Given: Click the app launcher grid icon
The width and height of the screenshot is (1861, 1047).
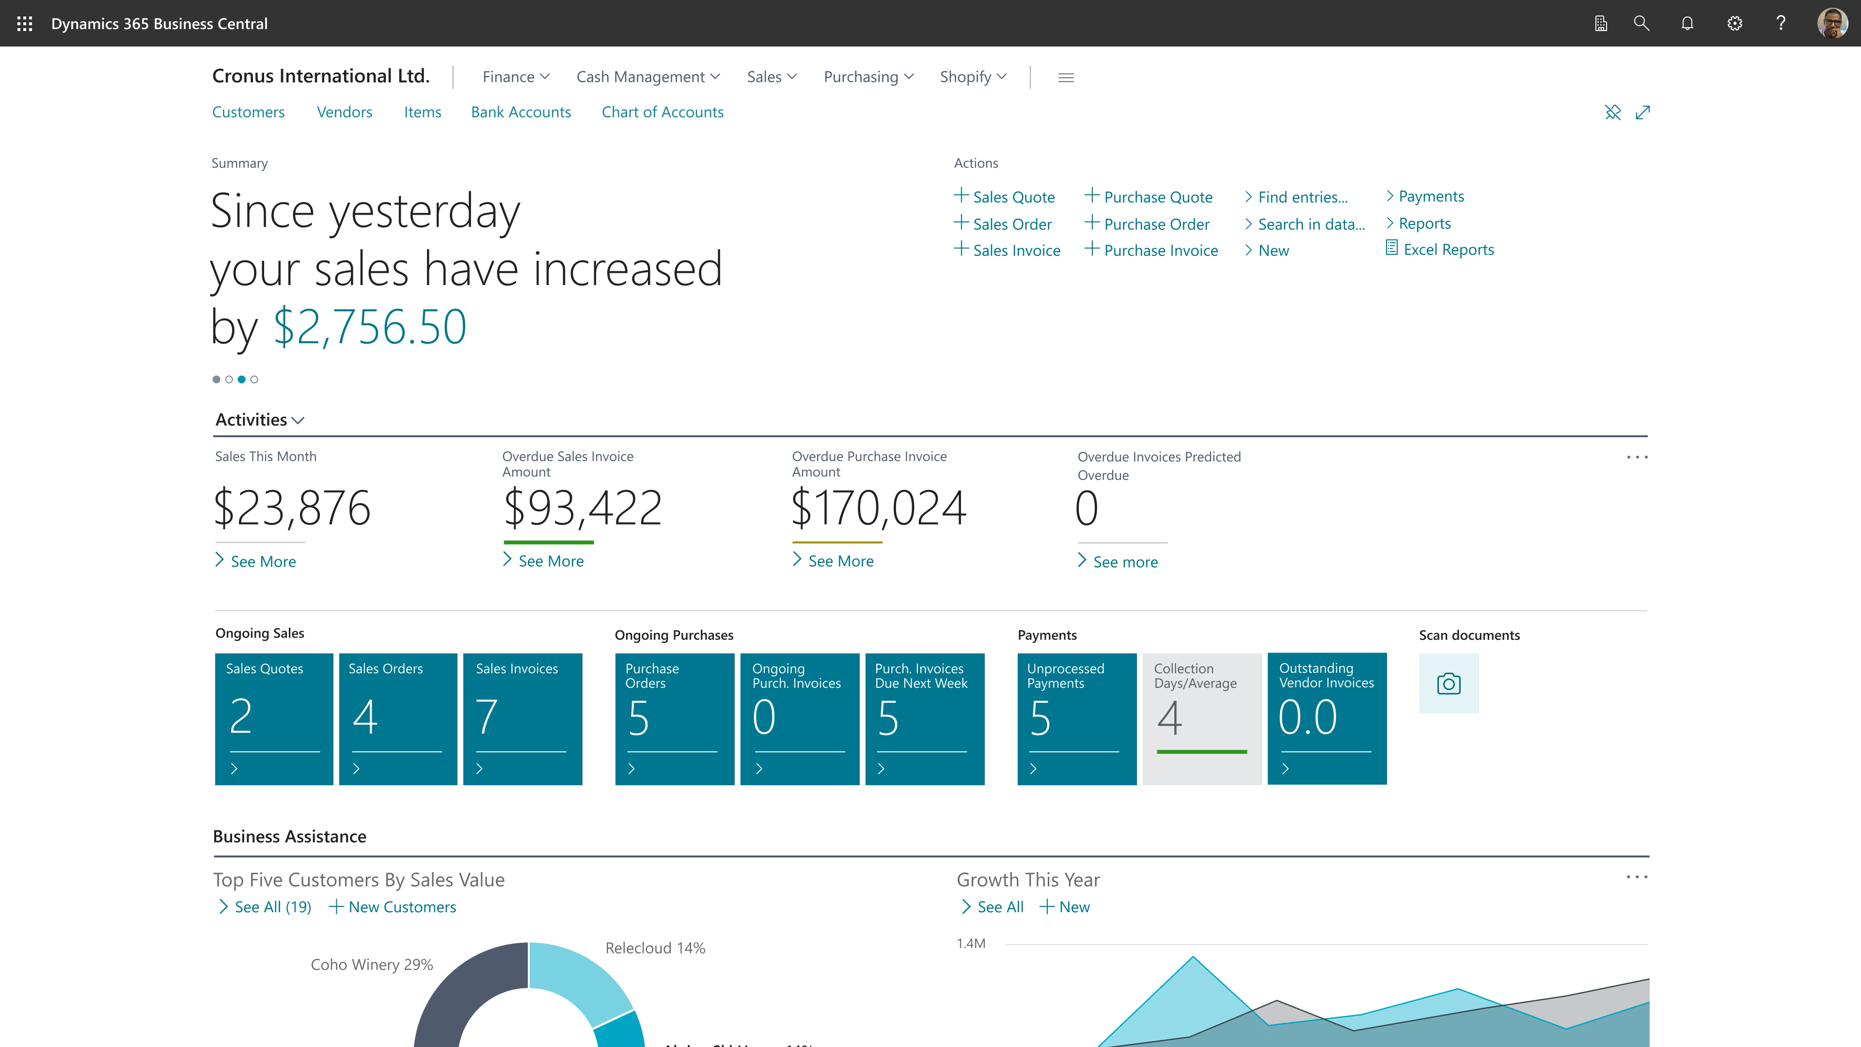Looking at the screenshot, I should [25, 24].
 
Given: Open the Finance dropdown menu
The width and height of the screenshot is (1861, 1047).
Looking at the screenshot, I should [515, 77].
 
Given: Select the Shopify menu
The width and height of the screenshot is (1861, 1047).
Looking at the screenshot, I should [972, 77].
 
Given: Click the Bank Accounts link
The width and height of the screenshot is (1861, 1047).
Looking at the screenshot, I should [520, 112].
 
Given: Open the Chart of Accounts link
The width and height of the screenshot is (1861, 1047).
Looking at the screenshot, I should [662, 112].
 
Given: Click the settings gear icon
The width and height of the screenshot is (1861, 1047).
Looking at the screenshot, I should [1734, 24].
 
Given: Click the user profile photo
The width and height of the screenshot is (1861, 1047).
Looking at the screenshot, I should [1831, 24].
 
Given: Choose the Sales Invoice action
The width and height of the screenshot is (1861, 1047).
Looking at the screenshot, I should [1015, 251].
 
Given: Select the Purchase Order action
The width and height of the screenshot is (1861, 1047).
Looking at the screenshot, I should [1155, 224].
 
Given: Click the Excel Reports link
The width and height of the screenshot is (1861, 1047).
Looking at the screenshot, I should [1447, 249].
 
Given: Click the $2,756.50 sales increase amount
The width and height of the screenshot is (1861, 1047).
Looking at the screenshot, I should [369, 327].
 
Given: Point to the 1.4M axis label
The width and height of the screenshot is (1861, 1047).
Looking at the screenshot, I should [970, 944].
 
